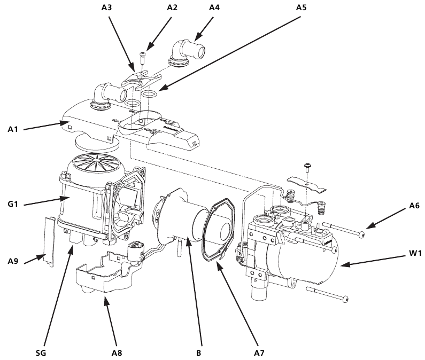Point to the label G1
[x=14, y=204]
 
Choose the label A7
[x=259, y=353]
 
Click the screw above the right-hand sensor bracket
[x=308, y=166]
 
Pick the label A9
[x=14, y=261]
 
